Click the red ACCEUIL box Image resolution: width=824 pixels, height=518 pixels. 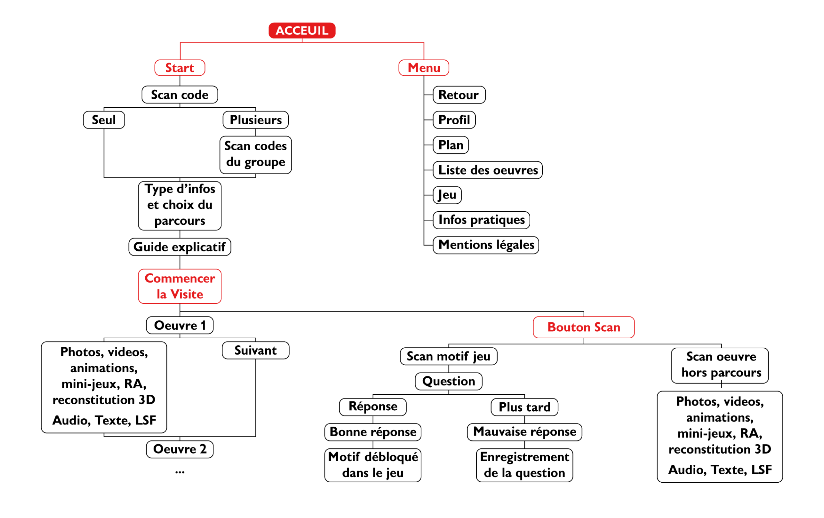(x=302, y=30)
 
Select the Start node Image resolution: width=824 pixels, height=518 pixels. (x=180, y=68)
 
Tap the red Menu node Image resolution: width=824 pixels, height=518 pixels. (x=424, y=68)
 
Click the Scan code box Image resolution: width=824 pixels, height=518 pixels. (x=180, y=95)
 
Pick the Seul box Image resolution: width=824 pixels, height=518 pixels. (x=104, y=120)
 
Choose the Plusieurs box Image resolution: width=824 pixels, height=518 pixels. (x=256, y=120)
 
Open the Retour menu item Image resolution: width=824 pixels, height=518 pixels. (x=459, y=95)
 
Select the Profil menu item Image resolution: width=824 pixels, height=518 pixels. (x=454, y=120)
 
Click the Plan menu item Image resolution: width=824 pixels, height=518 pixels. (x=451, y=145)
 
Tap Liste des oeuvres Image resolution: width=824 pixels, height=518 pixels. (x=488, y=170)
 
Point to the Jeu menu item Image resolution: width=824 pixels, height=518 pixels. (x=447, y=195)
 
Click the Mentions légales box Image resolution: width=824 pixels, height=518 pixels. (x=486, y=245)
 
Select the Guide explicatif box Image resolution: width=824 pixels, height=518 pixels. (x=180, y=247)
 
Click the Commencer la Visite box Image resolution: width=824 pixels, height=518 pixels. (x=180, y=286)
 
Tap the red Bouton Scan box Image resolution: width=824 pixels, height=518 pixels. (x=584, y=327)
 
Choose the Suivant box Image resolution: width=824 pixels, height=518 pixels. (x=256, y=350)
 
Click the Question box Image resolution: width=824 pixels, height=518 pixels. (x=449, y=381)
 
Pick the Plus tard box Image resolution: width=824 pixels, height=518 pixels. (x=524, y=407)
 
